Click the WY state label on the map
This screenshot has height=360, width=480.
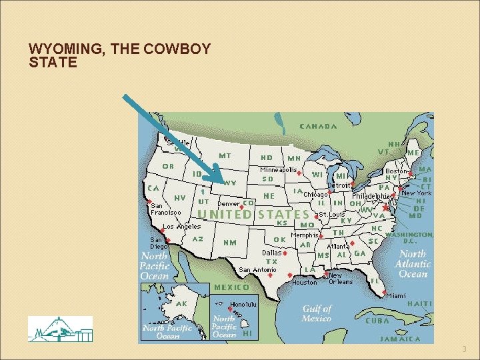(231, 183)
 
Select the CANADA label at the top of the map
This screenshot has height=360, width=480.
(318, 126)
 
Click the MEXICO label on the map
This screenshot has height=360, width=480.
(231, 287)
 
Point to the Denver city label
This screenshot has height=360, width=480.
(229, 203)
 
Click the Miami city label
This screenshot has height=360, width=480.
(395, 295)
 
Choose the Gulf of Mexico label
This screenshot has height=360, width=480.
(317, 313)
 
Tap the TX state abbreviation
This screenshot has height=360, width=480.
(272, 262)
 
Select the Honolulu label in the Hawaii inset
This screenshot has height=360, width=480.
(246, 305)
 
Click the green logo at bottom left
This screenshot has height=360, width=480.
(60, 329)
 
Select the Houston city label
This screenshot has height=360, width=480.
(305, 282)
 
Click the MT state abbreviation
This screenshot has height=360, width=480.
(225, 155)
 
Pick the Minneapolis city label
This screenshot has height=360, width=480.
(279, 169)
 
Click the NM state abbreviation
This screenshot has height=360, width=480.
(230, 242)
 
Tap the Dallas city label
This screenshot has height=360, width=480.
(271, 253)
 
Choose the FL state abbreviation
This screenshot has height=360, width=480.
(375, 281)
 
